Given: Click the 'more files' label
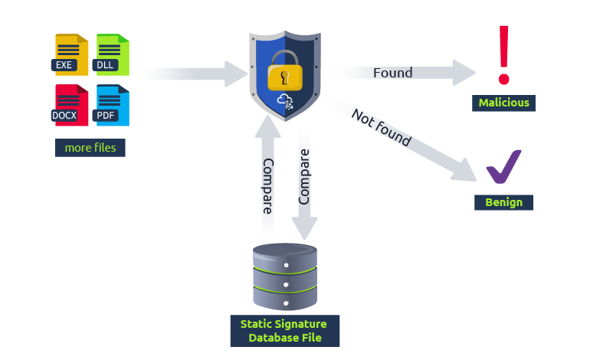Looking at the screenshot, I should pos(90,148).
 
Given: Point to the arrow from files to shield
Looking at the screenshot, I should pos(192,74).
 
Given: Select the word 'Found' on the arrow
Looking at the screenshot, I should pos(392,73).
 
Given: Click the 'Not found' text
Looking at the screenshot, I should pos(381,127).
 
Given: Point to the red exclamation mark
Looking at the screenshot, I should pos(503,54).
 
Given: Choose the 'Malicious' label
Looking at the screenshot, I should pos(503,103).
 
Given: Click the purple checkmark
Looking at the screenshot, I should pos(503,167).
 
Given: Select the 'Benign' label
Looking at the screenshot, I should pos(503,202).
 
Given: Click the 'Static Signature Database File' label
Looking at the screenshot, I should pos(284,331).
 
